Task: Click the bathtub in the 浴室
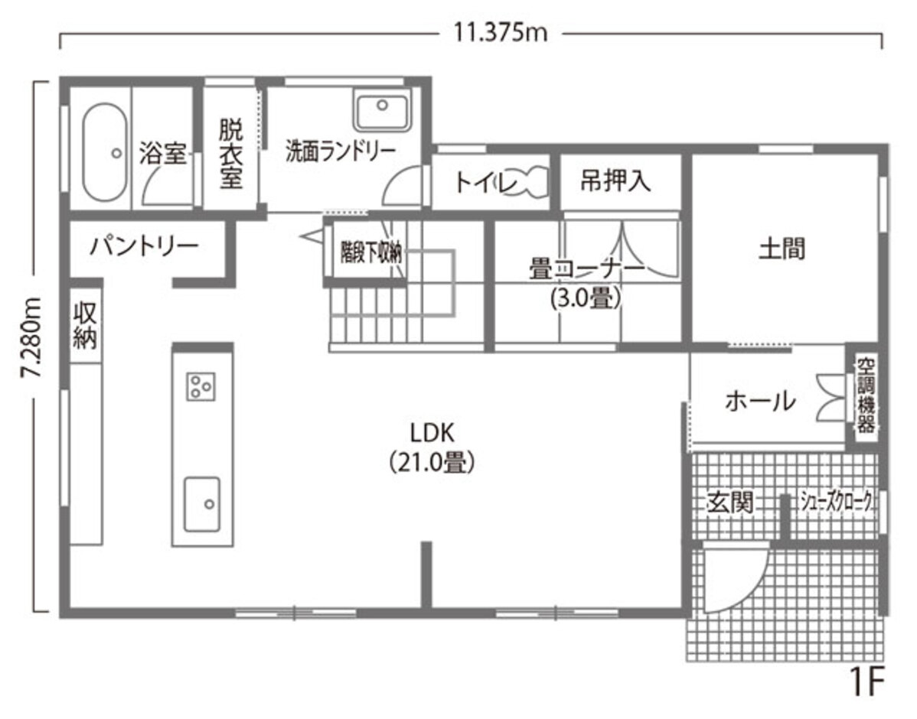pyautogui.click(x=103, y=152)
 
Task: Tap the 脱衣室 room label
pyautogui.click(x=230, y=153)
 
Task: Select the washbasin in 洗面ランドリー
pyautogui.click(x=382, y=110)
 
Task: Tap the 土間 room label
pyautogui.click(x=782, y=249)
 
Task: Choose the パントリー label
pyautogui.click(x=145, y=246)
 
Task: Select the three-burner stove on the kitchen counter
pyautogui.click(x=201, y=385)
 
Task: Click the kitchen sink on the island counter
pyautogui.click(x=202, y=503)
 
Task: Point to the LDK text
pyautogui.click(x=432, y=434)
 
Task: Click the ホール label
pyautogui.click(x=759, y=400)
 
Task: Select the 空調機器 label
pyautogui.click(x=865, y=395)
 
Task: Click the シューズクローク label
pyautogui.click(x=836, y=502)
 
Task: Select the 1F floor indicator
pyautogui.click(x=866, y=680)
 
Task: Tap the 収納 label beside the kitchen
pyautogui.click(x=84, y=325)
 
